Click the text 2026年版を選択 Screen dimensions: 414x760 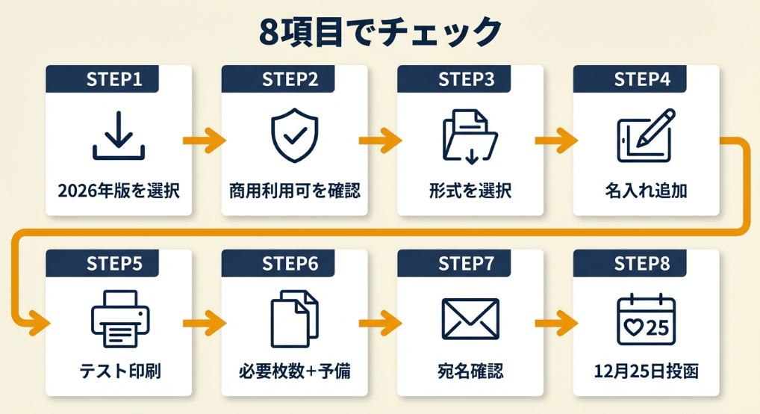point(119,191)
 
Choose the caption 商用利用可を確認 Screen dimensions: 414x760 point(294,191)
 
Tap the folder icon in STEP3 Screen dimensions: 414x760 point(470,136)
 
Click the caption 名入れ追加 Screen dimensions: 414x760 point(646,191)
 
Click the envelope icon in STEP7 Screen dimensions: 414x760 point(470,319)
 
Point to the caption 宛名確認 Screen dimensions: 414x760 point(470,371)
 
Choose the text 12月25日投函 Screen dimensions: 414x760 point(646,371)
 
